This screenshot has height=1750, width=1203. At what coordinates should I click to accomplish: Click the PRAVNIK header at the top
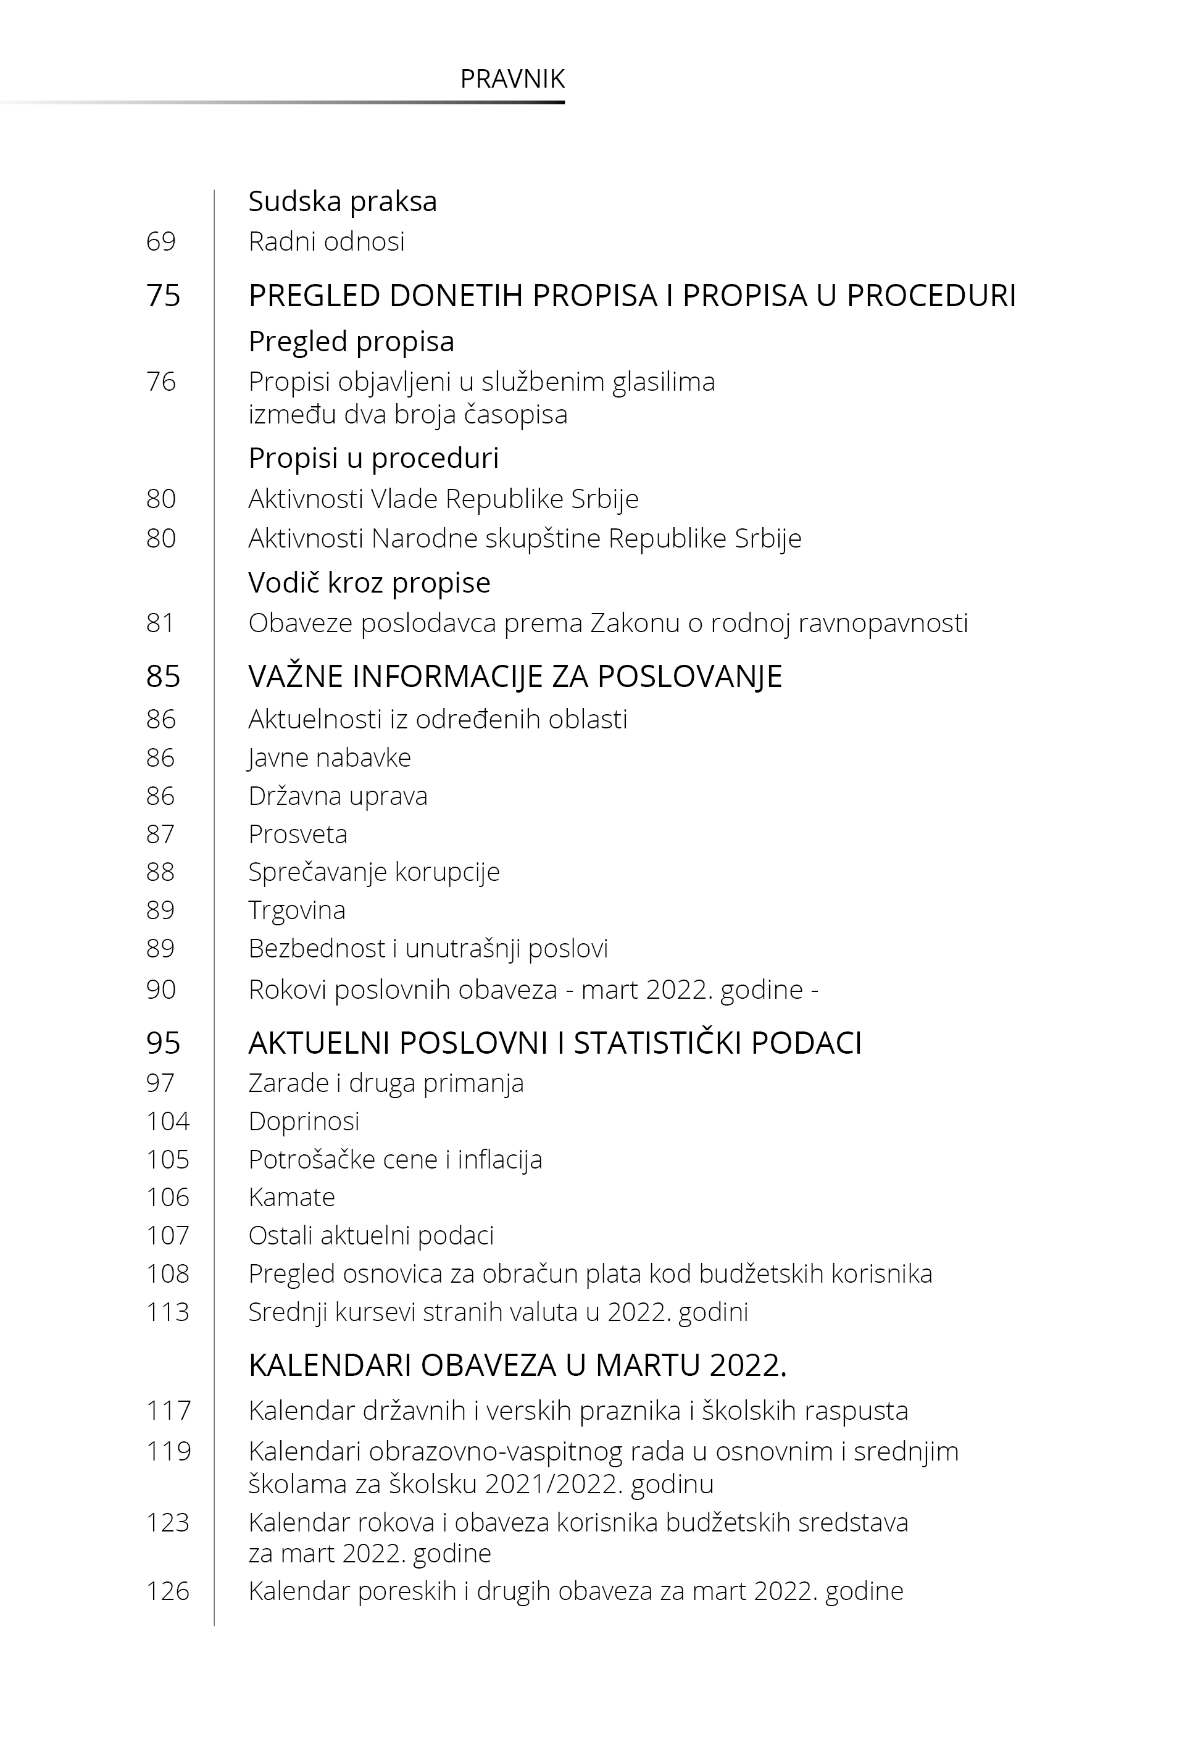tap(512, 79)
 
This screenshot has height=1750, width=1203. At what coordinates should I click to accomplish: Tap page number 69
tap(160, 242)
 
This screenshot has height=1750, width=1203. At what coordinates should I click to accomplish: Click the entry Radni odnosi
tap(327, 242)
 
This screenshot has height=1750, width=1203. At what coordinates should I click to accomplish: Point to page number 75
tap(163, 296)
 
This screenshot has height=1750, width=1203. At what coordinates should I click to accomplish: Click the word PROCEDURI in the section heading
tap(931, 296)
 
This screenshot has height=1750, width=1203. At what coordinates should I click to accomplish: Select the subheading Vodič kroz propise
tap(369, 583)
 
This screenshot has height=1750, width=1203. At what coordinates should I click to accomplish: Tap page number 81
tap(160, 623)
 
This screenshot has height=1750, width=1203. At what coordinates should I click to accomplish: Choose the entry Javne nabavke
tap(330, 757)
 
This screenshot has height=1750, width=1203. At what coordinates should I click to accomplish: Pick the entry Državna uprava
tap(338, 796)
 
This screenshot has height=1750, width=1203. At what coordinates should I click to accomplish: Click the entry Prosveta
tap(298, 835)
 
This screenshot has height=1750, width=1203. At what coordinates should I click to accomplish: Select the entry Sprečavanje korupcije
tap(374, 872)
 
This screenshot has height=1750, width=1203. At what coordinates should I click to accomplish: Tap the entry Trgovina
tap(297, 910)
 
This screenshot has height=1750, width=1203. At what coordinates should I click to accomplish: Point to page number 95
tap(163, 1043)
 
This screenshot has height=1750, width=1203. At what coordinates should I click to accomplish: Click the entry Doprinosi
tap(304, 1122)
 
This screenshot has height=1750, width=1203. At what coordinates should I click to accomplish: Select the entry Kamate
tap(292, 1198)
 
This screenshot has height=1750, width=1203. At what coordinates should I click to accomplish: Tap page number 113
tap(167, 1312)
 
